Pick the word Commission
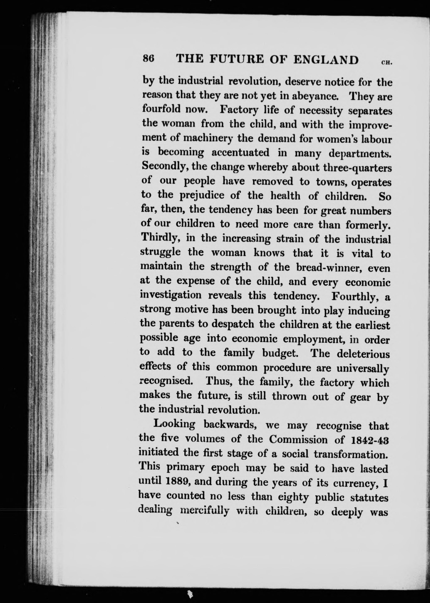298,439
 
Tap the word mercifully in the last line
205,511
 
